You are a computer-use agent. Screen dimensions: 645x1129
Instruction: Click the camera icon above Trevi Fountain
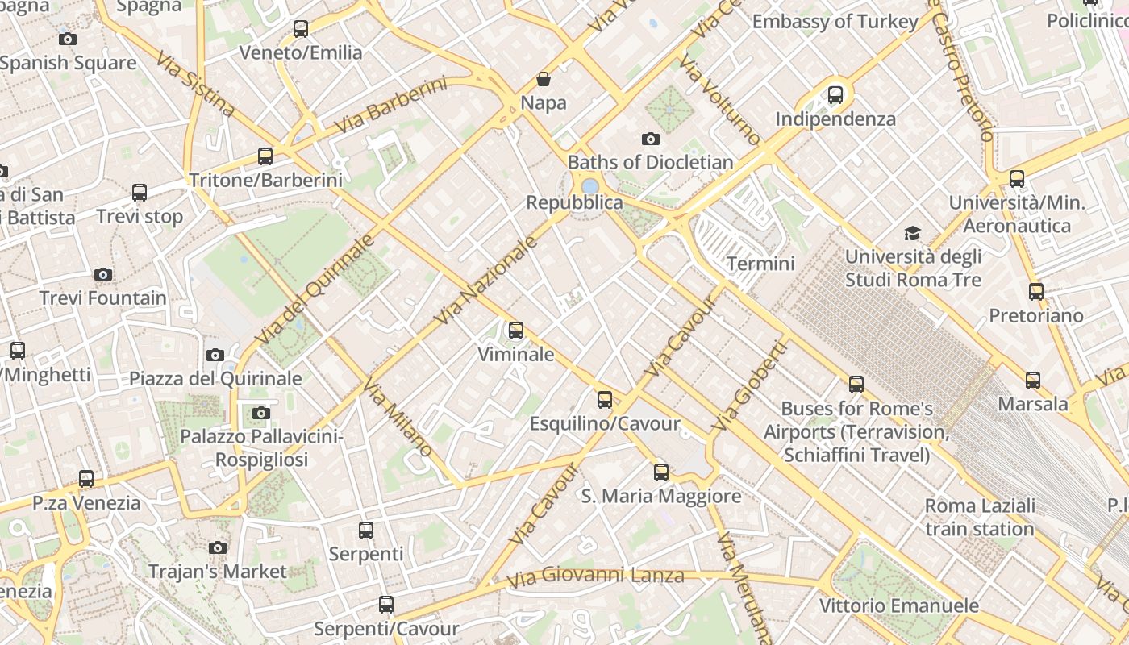click(x=102, y=275)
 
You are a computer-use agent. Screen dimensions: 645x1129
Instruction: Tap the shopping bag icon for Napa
click(x=544, y=79)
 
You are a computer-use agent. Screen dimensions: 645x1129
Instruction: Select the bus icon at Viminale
click(x=516, y=331)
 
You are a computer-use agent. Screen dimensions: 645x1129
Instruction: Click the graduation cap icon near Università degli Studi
click(x=912, y=234)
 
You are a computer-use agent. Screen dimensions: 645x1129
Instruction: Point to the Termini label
click(x=760, y=264)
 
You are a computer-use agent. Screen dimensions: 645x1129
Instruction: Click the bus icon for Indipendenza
click(x=835, y=95)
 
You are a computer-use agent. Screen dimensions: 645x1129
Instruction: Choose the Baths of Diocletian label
click(x=650, y=162)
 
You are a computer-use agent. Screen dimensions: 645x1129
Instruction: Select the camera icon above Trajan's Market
click(x=217, y=548)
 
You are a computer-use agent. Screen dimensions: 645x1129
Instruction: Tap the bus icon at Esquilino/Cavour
click(x=604, y=400)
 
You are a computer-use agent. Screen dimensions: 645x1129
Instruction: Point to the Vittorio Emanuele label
click(x=898, y=605)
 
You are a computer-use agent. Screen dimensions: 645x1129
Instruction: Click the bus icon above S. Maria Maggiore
click(x=661, y=472)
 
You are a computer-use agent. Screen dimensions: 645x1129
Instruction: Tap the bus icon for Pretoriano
click(x=1036, y=292)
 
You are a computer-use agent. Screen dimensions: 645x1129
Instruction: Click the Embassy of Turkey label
click(x=835, y=22)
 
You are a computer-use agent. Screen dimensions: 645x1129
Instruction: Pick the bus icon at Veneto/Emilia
click(x=301, y=29)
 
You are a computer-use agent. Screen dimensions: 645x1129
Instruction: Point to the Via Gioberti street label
click(x=749, y=385)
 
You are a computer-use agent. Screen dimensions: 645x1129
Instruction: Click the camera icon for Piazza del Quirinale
click(x=215, y=355)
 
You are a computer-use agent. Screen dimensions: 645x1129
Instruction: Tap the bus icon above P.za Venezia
click(x=86, y=479)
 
